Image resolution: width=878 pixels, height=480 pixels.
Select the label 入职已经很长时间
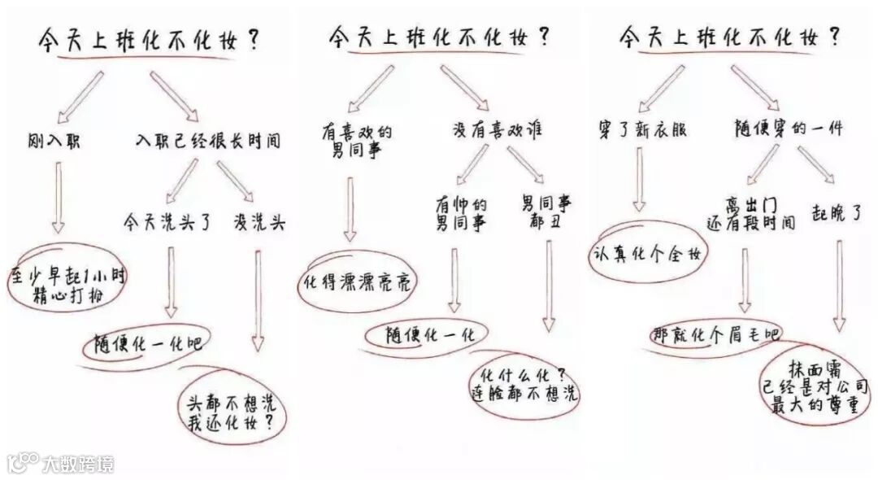coord(208,142)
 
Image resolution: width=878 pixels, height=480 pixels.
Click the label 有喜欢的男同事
coord(358,140)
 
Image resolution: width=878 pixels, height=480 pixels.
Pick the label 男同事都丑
coord(546,213)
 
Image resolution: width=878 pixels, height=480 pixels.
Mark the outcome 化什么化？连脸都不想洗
coord(525,385)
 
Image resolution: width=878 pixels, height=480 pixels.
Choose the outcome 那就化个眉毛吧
coord(715,334)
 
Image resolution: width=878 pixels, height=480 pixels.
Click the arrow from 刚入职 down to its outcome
coord(59,195)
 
